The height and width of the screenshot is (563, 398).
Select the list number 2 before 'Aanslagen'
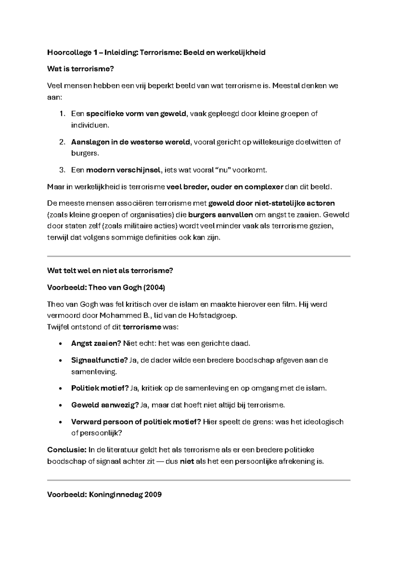[x=62, y=142]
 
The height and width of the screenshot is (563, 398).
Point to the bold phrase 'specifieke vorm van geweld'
[x=136, y=114]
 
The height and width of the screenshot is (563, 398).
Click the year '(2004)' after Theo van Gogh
[x=154, y=287]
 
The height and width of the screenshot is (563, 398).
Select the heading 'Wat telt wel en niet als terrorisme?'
[x=110, y=271]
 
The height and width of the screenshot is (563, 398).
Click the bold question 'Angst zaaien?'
[x=96, y=344]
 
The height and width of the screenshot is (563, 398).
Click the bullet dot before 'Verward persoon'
[x=60, y=422]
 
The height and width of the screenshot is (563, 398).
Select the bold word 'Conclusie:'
[x=66, y=450]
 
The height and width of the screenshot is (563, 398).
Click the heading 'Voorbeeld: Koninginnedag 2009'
[x=104, y=495]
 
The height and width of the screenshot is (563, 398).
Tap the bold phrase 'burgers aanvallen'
[x=220, y=215]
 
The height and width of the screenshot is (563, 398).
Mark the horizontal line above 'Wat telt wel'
[x=199, y=256]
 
